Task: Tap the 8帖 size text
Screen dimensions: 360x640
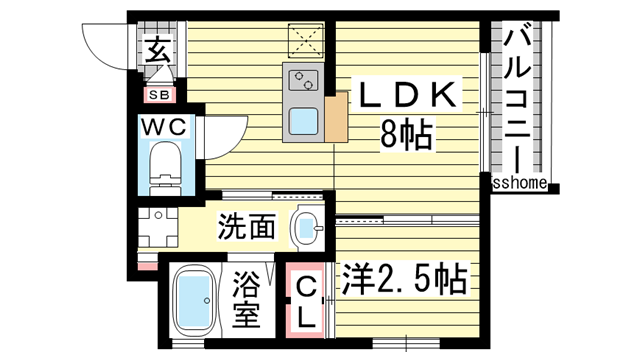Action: pyautogui.click(x=406, y=133)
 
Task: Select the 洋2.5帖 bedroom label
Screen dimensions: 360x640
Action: pyautogui.click(x=405, y=280)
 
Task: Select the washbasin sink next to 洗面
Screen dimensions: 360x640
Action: pyautogui.click(x=307, y=229)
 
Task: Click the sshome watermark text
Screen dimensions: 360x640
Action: pyautogui.click(x=519, y=183)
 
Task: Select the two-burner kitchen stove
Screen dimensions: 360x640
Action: pyautogui.click(x=300, y=79)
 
